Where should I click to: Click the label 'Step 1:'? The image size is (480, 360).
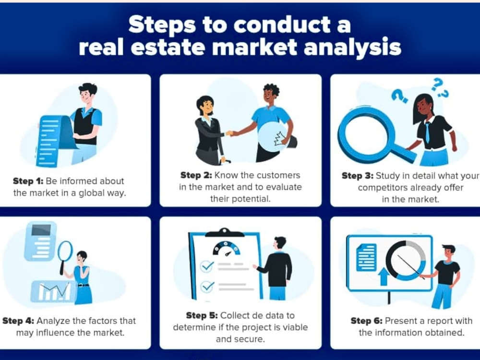pyautogui.click(x=28, y=181)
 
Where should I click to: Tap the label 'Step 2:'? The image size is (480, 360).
pyautogui.click(x=196, y=175)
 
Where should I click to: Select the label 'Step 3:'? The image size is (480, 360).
pyautogui.click(x=357, y=176)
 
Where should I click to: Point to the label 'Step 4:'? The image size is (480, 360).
pyautogui.click(x=18, y=321)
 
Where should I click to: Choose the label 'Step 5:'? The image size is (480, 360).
pyautogui.click(x=202, y=315)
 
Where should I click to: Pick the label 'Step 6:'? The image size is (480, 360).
pyautogui.click(x=366, y=321)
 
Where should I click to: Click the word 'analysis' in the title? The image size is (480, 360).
pyautogui.click(x=352, y=48)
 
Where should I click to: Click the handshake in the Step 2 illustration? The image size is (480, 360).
pyautogui.click(x=232, y=133)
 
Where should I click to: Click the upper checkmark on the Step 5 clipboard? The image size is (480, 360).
pyautogui.click(x=207, y=266)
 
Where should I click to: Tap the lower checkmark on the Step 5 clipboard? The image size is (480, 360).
pyautogui.click(x=207, y=287)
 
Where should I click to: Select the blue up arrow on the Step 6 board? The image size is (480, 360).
pyautogui.click(x=383, y=276)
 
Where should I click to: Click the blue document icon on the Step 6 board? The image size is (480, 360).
pyautogui.click(x=366, y=257)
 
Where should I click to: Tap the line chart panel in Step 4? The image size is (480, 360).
pyautogui.click(x=54, y=291)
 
